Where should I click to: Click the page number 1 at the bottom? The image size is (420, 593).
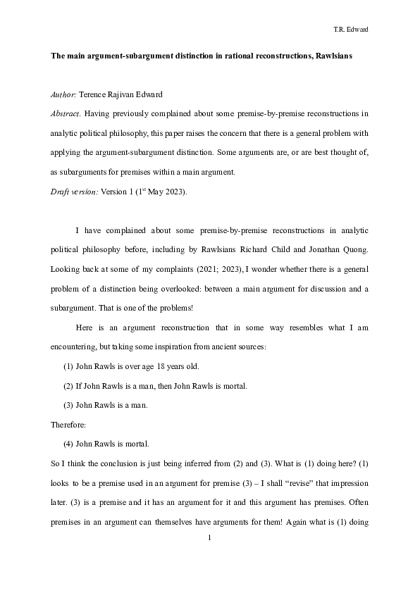coord(210,537)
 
